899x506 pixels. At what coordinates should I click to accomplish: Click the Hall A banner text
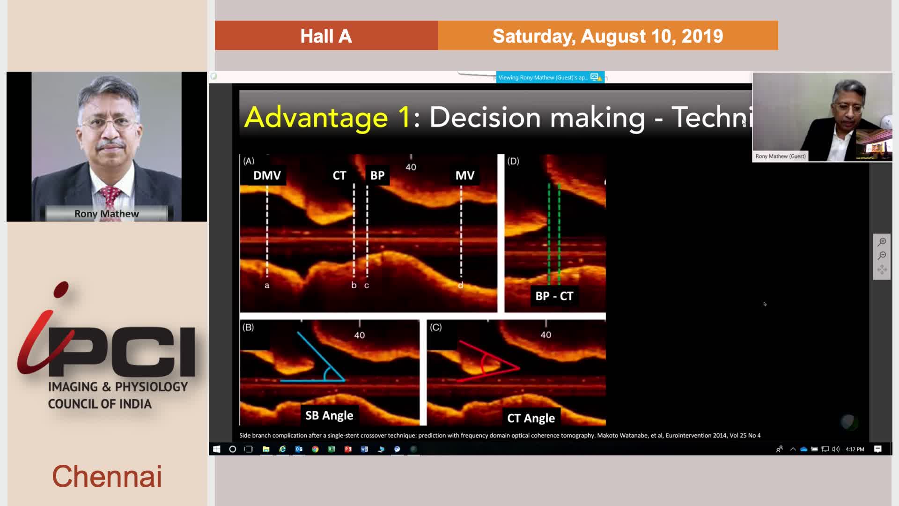click(x=326, y=36)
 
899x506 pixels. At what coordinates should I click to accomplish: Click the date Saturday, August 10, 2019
click(x=608, y=36)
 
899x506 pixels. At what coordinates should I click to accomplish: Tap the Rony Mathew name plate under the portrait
click(x=107, y=214)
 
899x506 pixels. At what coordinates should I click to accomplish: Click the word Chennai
click(x=107, y=476)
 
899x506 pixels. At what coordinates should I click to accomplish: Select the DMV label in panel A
click(x=267, y=175)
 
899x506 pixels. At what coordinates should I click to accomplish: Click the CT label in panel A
click(x=339, y=175)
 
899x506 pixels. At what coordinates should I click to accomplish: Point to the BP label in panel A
click(x=377, y=175)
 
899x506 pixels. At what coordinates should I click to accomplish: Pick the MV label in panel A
click(x=465, y=175)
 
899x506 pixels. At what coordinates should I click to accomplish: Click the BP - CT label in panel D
click(x=554, y=296)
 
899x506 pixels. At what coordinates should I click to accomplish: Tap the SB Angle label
click(x=329, y=416)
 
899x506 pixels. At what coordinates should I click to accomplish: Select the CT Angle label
click(x=531, y=418)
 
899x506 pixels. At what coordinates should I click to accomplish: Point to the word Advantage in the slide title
click(x=316, y=117)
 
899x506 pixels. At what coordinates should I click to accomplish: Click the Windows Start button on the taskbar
click(x=216, y=449)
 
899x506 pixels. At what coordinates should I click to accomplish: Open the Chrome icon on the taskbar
click(x=315, y=449)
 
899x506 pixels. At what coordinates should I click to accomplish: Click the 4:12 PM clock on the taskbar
click(x=855, y=449)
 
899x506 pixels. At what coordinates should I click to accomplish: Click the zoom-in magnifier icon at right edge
click(x=882, y=242)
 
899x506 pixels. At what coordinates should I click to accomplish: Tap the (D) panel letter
click(x=513, y=161)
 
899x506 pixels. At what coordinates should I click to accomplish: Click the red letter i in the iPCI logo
click(x=44, y=328)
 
